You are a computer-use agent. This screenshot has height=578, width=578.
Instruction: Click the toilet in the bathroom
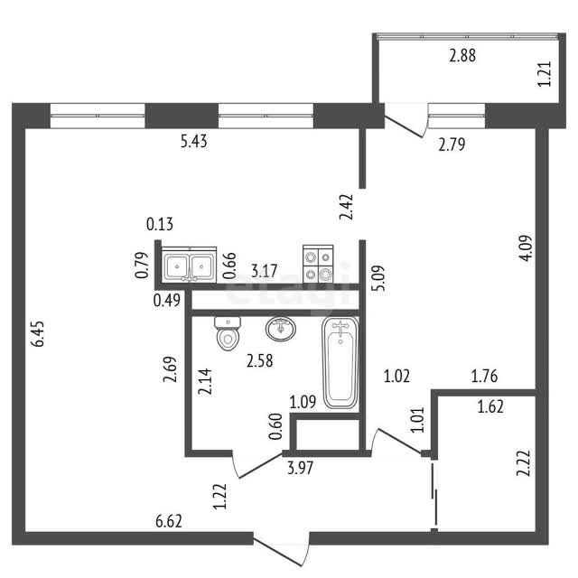pyautogui.click(x=228, y=333)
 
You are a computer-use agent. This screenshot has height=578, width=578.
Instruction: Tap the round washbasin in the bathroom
pyautogui.click(x=281, y=329)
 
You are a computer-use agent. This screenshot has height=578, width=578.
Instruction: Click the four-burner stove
pyautogui.click(x=318, y=264)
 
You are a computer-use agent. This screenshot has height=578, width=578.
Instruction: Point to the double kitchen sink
pyautogui.click(x=189, y=265)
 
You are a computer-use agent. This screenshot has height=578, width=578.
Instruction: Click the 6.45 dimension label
pyautogui.click(x=38, y=333)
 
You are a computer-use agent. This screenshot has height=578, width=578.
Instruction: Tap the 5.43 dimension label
pyautogui.click(x=194, y=142)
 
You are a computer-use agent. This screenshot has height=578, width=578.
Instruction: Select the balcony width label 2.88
pyautogui.click(x=462, y=56)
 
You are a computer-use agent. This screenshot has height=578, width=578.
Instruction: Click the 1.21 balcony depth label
pyautogui.click(x=545, y=74)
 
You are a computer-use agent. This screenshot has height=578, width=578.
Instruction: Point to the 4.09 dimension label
pyautogui.click(x=526, y=248)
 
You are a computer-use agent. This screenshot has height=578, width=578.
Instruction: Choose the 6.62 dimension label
pyautogui.click(x=169, y=522)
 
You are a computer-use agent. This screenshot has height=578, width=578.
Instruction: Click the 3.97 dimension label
pyautogui.click(x=301, y=468)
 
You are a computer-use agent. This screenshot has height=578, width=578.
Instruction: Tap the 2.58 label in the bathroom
pyautogui.click(x=260, y=361)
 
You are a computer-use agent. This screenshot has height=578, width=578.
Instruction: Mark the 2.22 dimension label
pyautogui.click(x=524, y=463)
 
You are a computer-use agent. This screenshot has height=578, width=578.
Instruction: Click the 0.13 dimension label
pyautogui.click(x=160, y=224)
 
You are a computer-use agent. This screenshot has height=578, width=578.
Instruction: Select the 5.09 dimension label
pyautogui.click(x=378, y=278)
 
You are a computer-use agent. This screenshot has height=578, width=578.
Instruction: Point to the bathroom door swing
pyautogui.click(x=257, y=464)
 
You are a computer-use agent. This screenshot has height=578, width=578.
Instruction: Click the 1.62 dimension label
pyautogui.click(x=490, y=407)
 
